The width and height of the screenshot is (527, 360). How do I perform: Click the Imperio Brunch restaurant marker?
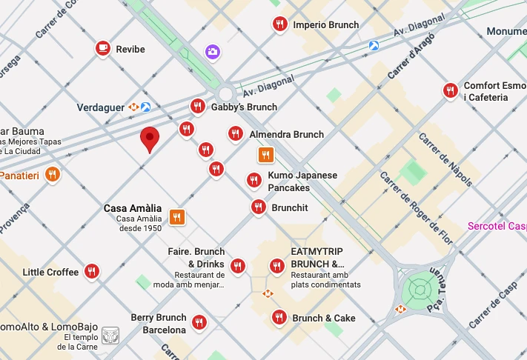[x=279, y=24]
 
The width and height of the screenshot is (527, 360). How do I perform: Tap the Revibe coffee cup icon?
[x=103, y=49]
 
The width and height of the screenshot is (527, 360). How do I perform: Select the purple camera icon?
[x=213, y=51]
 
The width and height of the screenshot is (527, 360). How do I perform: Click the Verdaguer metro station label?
[x=101, y=107]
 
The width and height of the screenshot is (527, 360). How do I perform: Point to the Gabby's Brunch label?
[x=244, y=107]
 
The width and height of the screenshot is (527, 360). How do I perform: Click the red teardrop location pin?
[x=150, y=138]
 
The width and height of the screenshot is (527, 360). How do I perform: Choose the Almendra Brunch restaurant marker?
[x=235, y=134]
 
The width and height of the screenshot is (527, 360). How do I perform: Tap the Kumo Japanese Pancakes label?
[x=302, y=181]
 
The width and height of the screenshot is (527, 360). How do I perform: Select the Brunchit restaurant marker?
[x=258, y=208]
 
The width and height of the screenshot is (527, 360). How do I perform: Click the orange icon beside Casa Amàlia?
[x=176, y=217]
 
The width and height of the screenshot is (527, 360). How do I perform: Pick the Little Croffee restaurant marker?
[x=92, y=272]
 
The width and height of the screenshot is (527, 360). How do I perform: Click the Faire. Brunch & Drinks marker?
[x=238, y=266]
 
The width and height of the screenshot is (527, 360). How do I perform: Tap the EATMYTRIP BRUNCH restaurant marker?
[x=277, y=266]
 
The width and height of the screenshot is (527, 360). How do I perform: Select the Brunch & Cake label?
[x=324, y=319]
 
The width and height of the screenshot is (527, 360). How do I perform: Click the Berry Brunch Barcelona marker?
[x=199, y=322]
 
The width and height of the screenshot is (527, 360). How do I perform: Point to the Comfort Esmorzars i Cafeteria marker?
[x=450, y=91]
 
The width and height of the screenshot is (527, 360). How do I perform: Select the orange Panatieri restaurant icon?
[x=52, y=175]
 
